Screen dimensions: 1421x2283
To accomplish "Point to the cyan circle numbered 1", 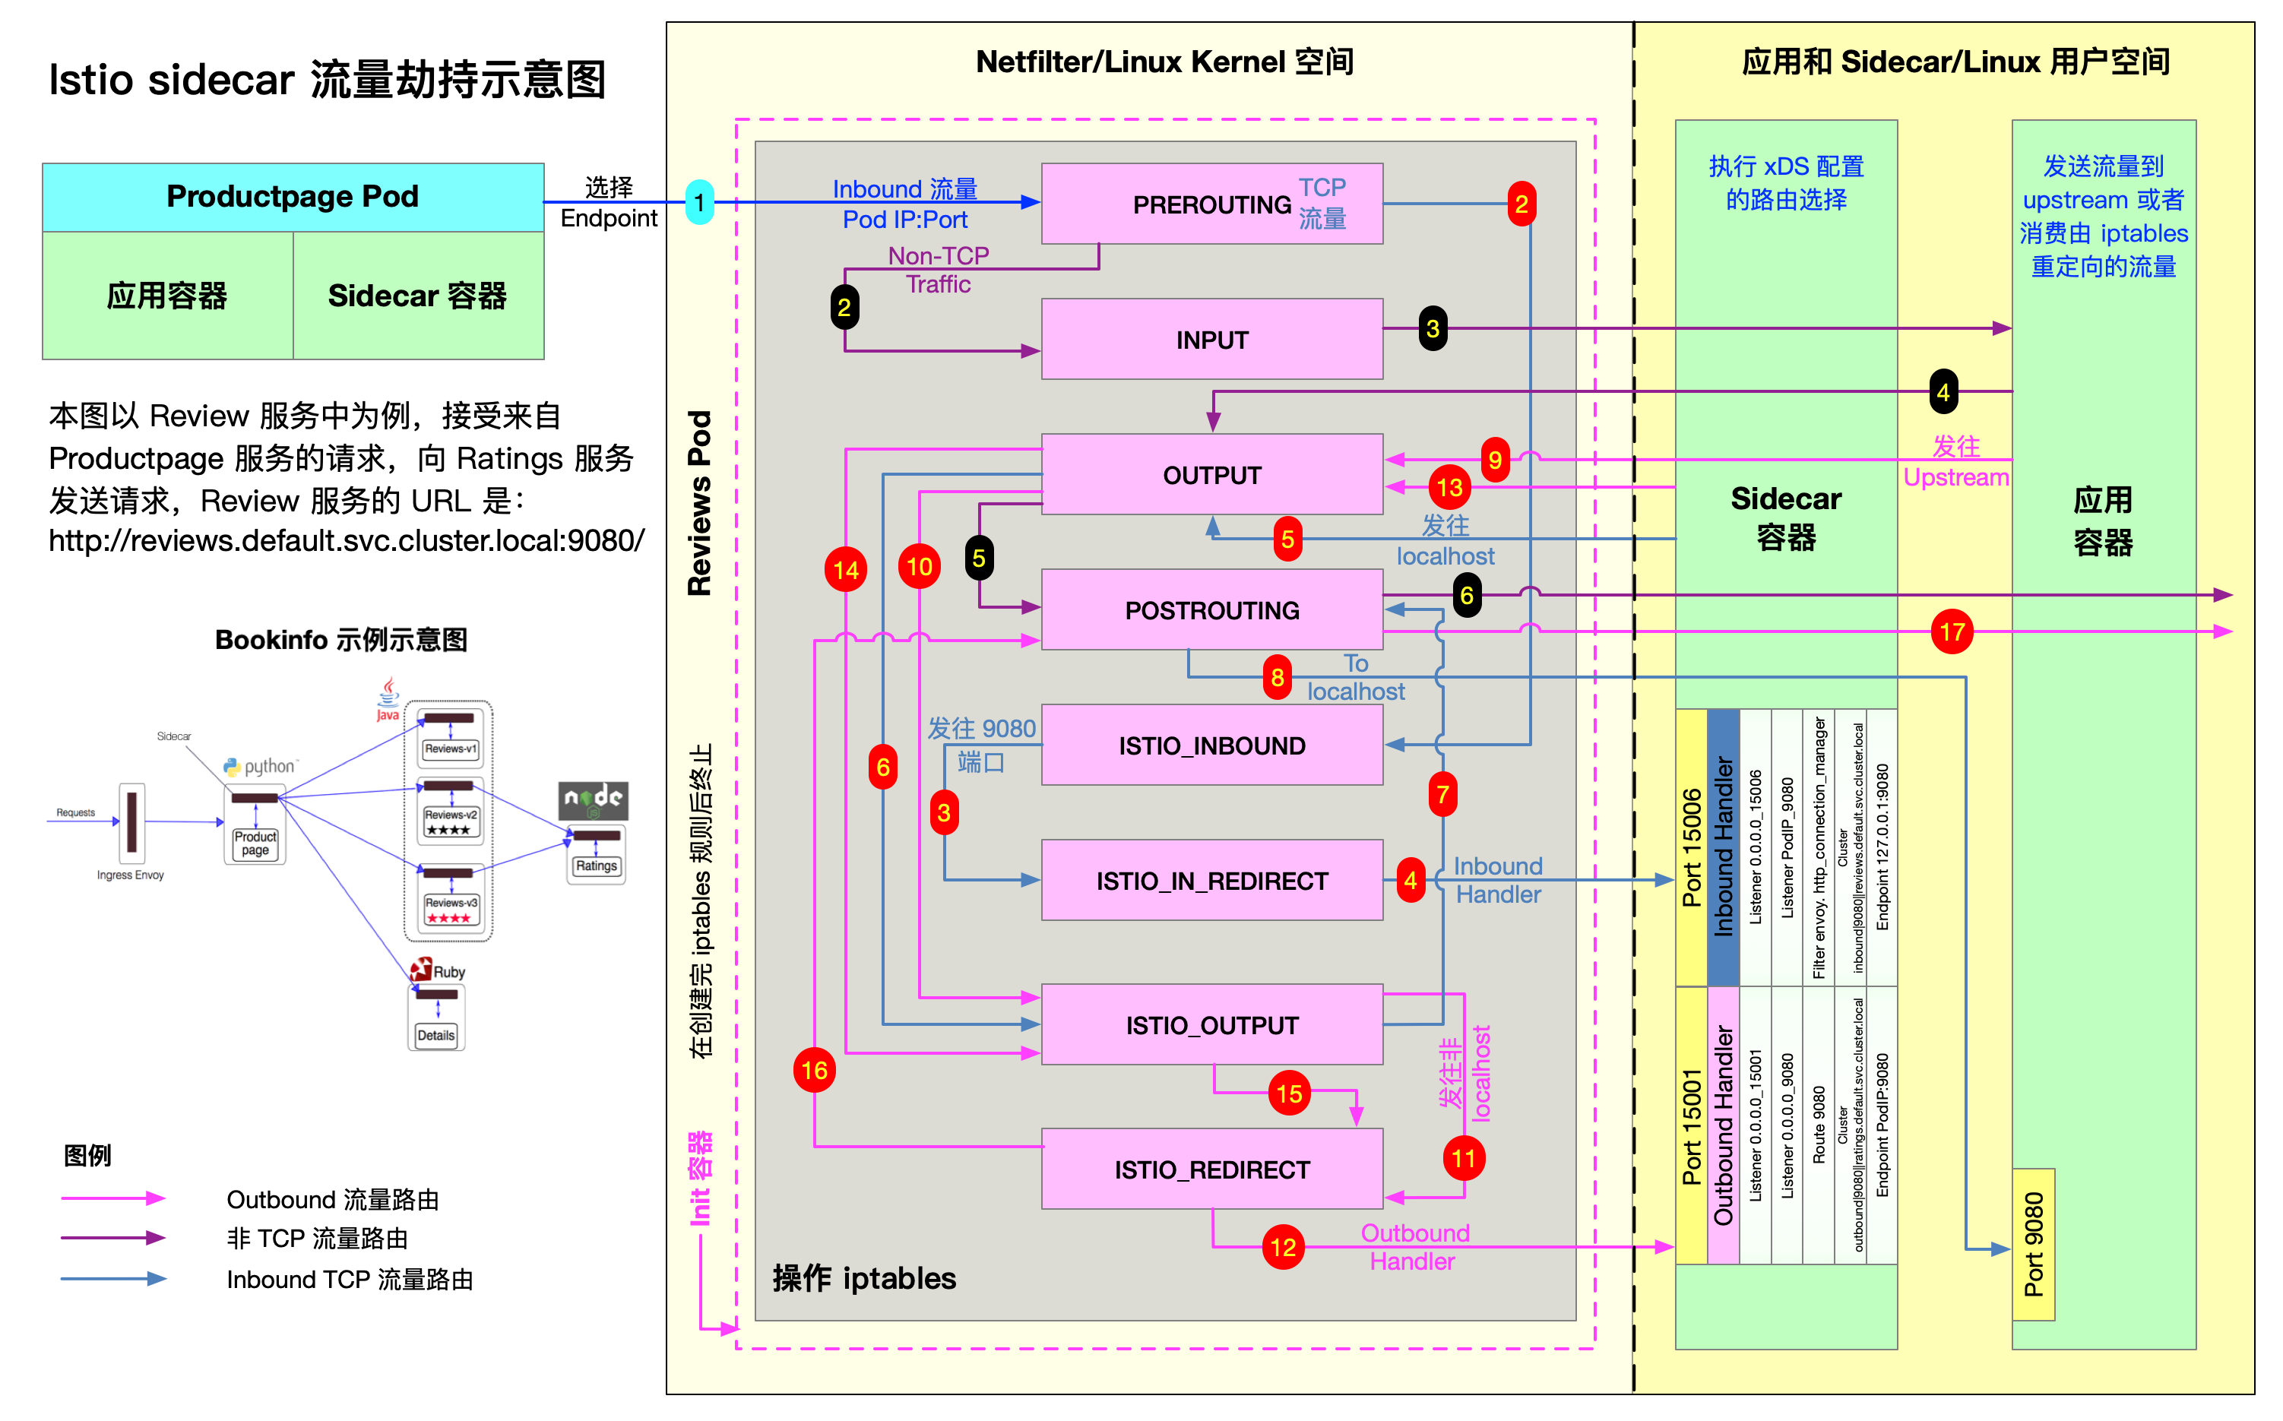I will pos(699,202).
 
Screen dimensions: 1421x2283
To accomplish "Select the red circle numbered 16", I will pos(814,1071).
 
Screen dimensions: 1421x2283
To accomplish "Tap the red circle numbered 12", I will pos(1283,1247).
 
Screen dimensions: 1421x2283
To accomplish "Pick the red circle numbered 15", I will pos(1289,1093).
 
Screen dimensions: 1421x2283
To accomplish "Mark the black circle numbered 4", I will pos(1943,392).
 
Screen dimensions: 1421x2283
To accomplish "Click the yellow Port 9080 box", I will pos(2033,1244).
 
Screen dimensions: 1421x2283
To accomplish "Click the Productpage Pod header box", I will pos(293,196).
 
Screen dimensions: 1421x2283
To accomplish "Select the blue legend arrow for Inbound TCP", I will pos(112,1278).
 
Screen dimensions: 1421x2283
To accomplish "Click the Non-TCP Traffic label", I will pos(938,270).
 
